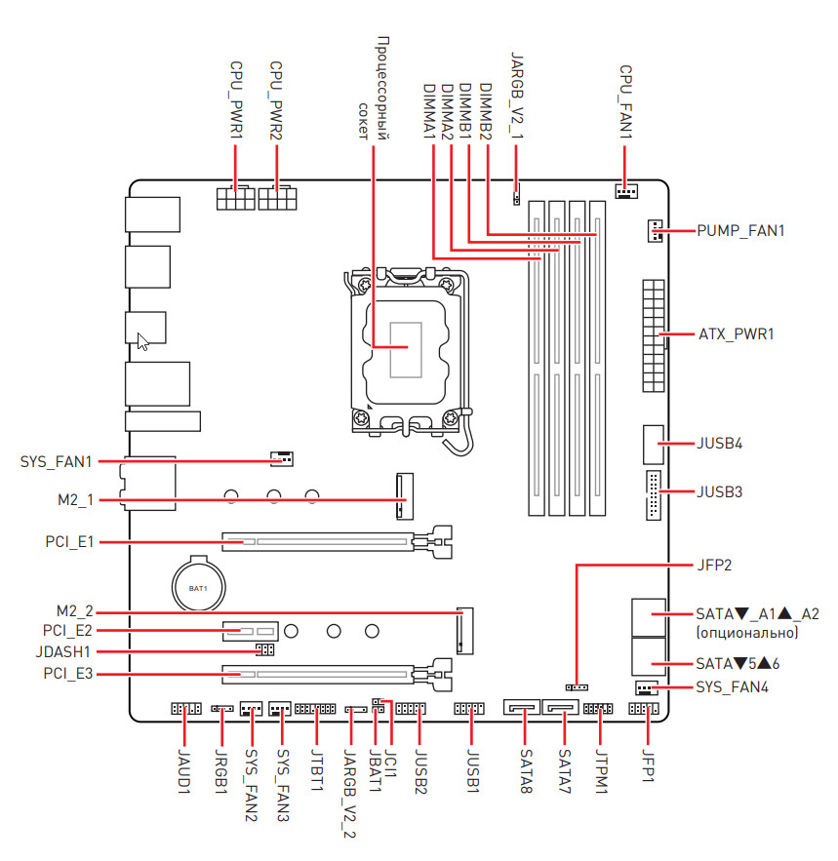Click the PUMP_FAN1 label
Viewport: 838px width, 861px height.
(740, 231)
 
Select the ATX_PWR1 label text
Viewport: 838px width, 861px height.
(736, 334)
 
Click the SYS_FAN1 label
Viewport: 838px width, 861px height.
(56, 460)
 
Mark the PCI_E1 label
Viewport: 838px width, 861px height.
(68, 539)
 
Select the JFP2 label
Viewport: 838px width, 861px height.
(715, 564)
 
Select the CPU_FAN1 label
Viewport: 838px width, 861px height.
(626, 102)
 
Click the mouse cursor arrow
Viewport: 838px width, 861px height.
(142, 341)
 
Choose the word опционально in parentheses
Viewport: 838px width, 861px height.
(747, 633)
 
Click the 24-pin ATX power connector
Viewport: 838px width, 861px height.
(653, 334)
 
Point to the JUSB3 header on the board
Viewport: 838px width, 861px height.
(652, 492)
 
